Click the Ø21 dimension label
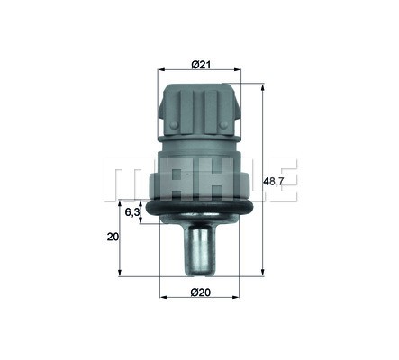pos(201,64)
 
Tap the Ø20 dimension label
pos(201,292)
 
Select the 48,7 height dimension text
pos(273,181)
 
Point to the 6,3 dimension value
pos(132,212)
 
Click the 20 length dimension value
pos(113,237)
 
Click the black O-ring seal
pos(200,209)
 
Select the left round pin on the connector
pos(173,124)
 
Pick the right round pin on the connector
pos(223,125)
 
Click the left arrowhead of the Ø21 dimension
pos(161,69)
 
